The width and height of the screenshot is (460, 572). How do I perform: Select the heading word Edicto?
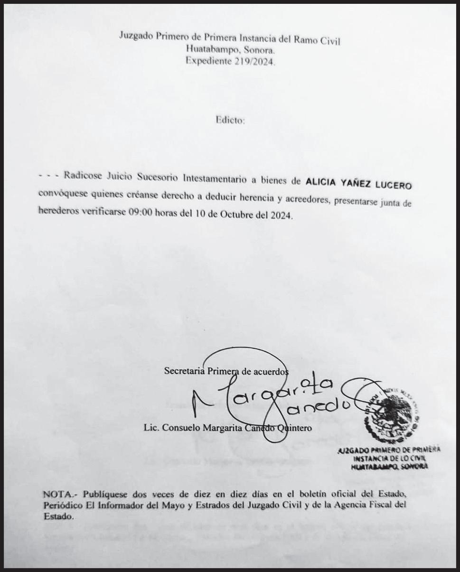pos(230,121)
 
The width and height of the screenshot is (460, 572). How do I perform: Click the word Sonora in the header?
pos(259,50)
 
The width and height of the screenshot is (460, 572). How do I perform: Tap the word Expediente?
pos(207,61)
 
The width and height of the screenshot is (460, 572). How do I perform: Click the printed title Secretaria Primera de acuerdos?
pos(226,371)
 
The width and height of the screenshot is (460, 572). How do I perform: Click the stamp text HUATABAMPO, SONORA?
pos(388,467)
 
